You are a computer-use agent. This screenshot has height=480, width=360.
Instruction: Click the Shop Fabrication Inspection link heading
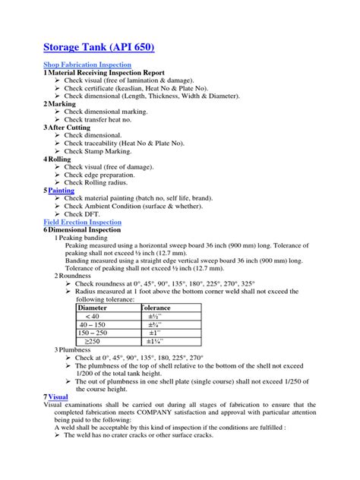tap(87, 65)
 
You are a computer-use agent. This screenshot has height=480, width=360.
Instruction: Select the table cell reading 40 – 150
tap(95, 324)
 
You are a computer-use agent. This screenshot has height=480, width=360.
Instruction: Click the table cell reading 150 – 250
tap(97, 333)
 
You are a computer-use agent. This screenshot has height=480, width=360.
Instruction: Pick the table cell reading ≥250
tap(95, 341)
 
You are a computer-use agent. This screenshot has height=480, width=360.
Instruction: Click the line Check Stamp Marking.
tap(99, 151)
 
